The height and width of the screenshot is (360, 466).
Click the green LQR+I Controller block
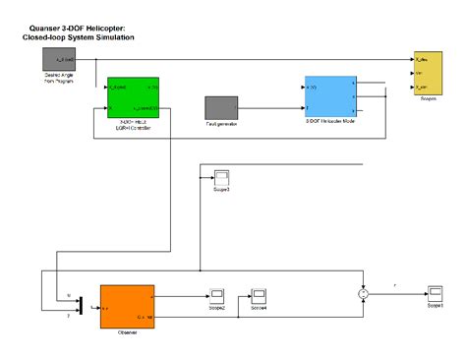pos(133,95)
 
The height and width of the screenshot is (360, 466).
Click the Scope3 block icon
pos(221,178)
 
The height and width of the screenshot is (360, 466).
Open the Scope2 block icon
pos(216,294)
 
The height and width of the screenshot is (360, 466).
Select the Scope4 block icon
pos(260,294)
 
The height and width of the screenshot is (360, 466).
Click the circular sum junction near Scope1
pos(362,293)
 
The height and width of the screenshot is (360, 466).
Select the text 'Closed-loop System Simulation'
pos(78,37)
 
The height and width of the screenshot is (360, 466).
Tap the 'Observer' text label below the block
pos(125,332)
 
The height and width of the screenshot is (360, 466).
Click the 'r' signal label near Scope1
pos(395,286)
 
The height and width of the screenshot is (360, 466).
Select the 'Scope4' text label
pos(260,307)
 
